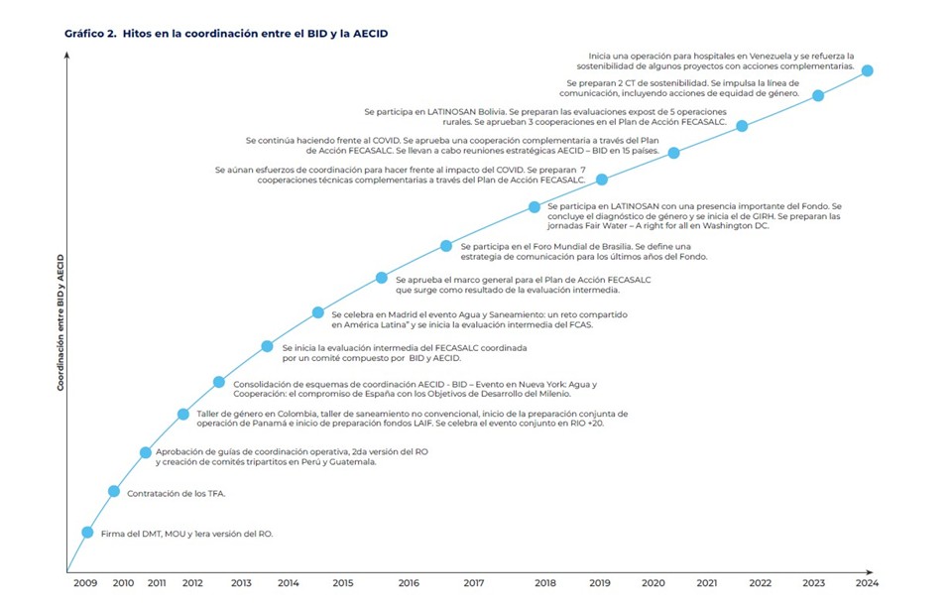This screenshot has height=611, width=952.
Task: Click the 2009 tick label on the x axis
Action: click(85, 583)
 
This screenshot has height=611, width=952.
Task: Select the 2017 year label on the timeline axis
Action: click(473, 583)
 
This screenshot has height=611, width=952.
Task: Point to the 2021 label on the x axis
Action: click(708, 583)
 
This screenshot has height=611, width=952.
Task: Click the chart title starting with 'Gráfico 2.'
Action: click(225, 33)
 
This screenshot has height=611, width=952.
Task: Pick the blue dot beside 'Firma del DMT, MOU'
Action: click(87, 533)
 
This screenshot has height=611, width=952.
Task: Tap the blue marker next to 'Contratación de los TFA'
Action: click(114, 491)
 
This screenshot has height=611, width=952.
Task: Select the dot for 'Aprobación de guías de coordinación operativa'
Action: click(146, 452)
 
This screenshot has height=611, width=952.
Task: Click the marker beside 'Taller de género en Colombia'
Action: click(183, 414)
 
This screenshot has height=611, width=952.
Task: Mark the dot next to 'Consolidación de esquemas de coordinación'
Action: click(219, 382)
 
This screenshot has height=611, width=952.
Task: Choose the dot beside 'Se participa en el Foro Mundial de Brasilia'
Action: click(446, 245)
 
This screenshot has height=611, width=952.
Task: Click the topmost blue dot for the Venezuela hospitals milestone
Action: click(868, 70)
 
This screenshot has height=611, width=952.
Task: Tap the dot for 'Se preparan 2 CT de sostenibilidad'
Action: click(818, 96)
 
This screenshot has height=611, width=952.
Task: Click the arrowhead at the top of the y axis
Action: click(66, 56)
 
